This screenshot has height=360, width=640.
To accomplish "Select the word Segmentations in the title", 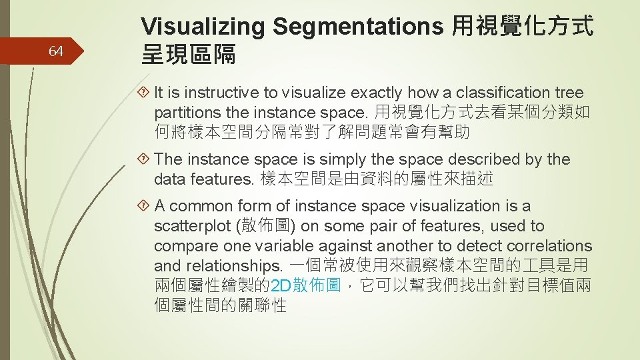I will (358, 27).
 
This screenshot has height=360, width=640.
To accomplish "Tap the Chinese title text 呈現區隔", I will (189, 55).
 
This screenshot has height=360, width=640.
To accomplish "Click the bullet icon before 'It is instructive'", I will (145, 93).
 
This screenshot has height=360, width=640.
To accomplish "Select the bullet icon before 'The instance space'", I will (145, 159).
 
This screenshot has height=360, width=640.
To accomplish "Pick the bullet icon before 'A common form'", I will (145, 206).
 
